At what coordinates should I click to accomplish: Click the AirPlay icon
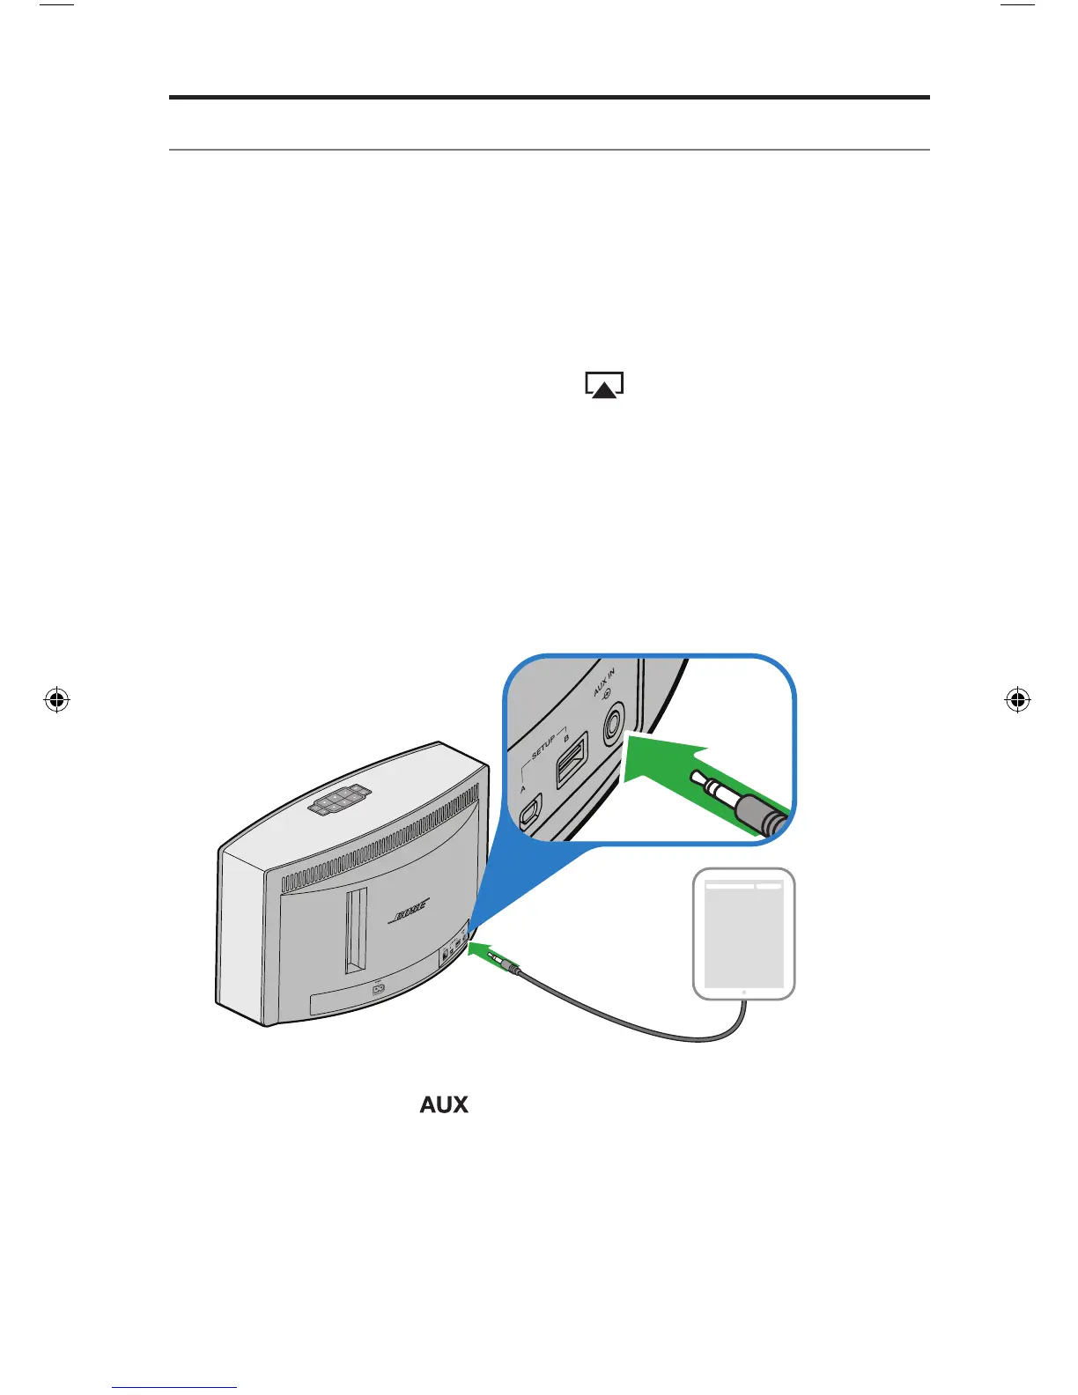[604, 386]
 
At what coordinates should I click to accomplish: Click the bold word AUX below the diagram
[444, 1104]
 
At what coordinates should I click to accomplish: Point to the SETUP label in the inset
[543, 748]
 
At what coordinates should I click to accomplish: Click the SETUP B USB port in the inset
[572, 759]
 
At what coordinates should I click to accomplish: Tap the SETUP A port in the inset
[530, 812]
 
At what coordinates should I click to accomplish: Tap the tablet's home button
[744, 993]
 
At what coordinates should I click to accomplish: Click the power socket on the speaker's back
[380, 988]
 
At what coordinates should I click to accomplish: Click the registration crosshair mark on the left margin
[56, 701]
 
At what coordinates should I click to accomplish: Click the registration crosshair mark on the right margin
[1017, 701]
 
